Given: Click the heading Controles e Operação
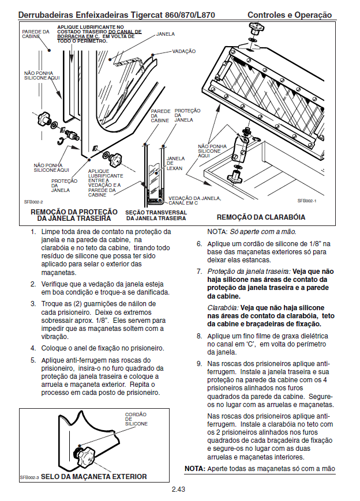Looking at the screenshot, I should tap(290, 14).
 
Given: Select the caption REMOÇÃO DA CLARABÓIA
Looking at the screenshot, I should tap(261, 217).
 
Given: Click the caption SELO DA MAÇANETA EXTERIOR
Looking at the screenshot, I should tap(94, 477).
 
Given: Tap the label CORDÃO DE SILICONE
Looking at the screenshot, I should tap(136, 419).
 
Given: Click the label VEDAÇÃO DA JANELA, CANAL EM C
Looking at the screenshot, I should tap(194, 201).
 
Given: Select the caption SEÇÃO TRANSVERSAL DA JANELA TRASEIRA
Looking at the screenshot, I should tap(156, 215).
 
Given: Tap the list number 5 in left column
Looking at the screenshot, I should tap(33, 360).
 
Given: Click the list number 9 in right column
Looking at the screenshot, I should tap(199, 364).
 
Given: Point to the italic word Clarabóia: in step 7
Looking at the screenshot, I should tap(223, 308).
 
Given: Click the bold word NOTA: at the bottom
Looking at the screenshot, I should tap(194, 469).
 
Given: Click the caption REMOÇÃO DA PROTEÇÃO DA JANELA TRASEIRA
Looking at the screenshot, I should tap(74, 216).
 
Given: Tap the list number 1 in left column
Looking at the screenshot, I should tap(33, 232).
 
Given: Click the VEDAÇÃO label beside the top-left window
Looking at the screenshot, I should tap(183, 51).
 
